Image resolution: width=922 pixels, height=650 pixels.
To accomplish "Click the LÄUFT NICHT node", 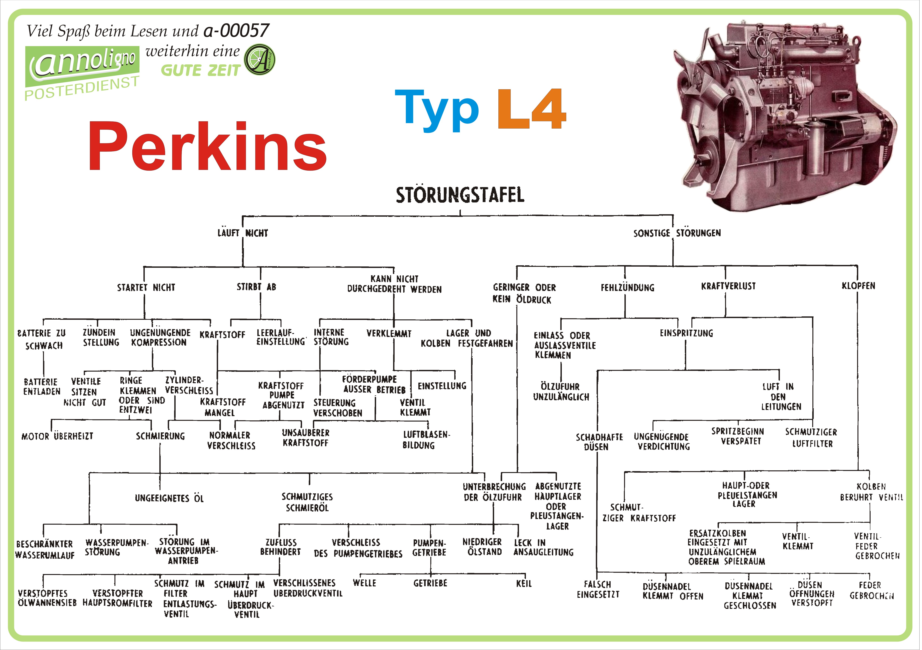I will point(243,233).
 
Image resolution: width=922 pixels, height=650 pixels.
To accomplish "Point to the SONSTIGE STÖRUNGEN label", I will point(677,233).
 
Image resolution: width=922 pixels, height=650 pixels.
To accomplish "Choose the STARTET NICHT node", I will point(146,288).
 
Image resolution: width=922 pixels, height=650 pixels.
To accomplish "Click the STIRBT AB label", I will point(256,287).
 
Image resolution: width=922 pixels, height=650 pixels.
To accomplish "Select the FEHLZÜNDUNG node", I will point(627,288).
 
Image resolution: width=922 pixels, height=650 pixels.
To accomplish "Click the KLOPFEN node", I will point(858,286).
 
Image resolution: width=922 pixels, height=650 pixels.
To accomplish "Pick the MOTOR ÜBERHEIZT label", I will point(57,436).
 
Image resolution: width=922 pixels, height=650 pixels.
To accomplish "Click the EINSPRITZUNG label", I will point(686,333).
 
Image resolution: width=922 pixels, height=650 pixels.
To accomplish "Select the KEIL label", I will point(524,583).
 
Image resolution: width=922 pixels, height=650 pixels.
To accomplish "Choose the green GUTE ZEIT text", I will point(200,71).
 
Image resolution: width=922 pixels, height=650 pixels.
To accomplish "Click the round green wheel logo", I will point(260,60).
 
